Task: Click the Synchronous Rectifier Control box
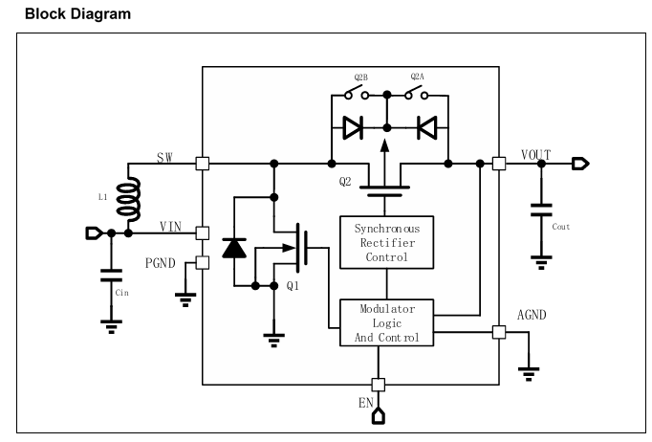pyautogui.click(x=387, y=242)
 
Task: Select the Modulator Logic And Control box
pyautogui.click(x=387, y=322)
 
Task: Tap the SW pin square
pyautogui.click(x=203, y=164)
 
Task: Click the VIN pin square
pyautogui.click(x=203, y=233)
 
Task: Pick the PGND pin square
pyautogui.click(x=203, y=263)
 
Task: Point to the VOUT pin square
pyautogui.click(x=499, y=164)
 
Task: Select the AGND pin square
pyautogui.click(x=499, y=332)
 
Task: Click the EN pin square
pyautogui.click(x=378, y=385)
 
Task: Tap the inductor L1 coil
pyautogui.click(x=129, y=199)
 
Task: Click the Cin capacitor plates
pyautogui.click(x=112, y=276)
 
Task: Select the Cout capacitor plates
pyautogui.click(x=541, y=210)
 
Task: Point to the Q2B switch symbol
pyautogui.click(x=357, y=93)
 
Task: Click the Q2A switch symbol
pyautogui.click(x=417, y=93)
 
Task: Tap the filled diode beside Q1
pyautogui.click(x=234, y=249)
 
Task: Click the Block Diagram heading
pyautogui.click(x=77, y=13)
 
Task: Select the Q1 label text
pyautogui.click(x=293, y=285)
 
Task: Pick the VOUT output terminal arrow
pyautogui.click(x=580, y=164)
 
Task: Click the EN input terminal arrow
pyautogui.click(x=378, y=416)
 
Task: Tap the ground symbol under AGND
pyautogui.click(x=529, y=374)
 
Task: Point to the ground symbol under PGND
pyautogui.click(x=185, y=299)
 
